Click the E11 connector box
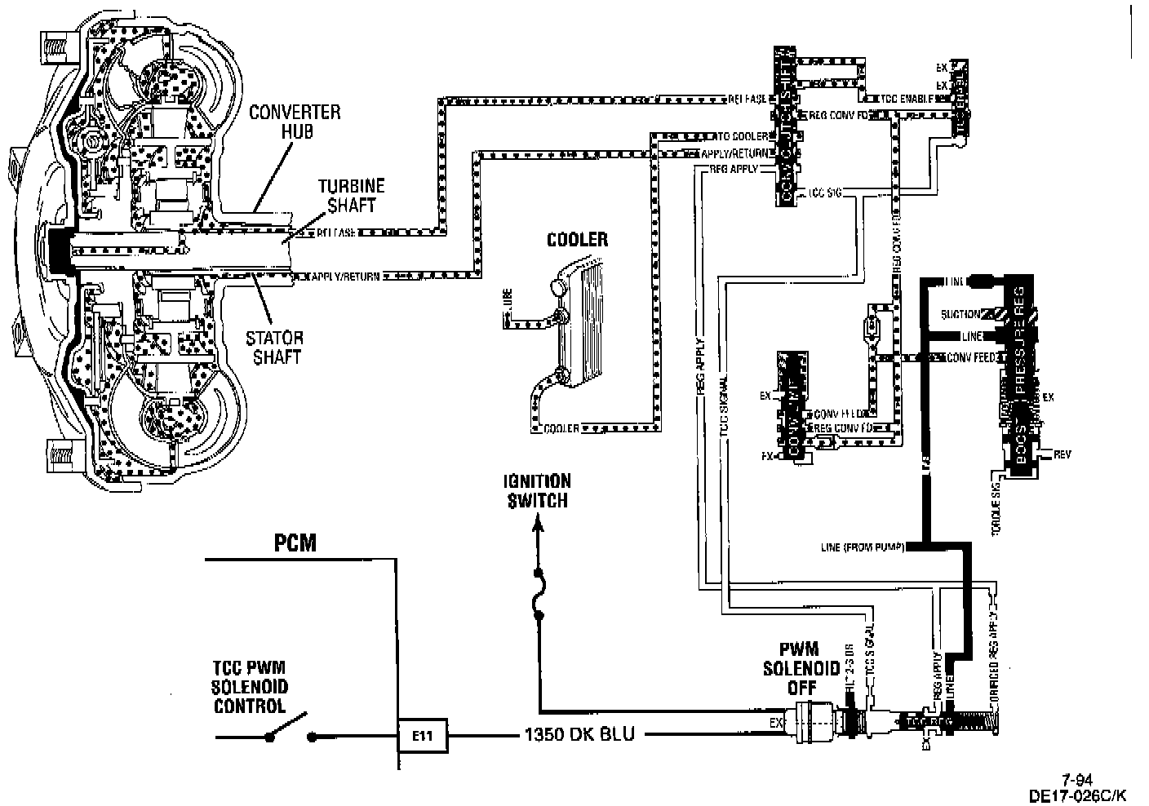point(422,736)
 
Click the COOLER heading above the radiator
point(578,240)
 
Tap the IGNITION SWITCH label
point(536,490)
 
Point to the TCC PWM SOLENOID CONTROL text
point(250,687)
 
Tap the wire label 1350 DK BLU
point(578,735)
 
